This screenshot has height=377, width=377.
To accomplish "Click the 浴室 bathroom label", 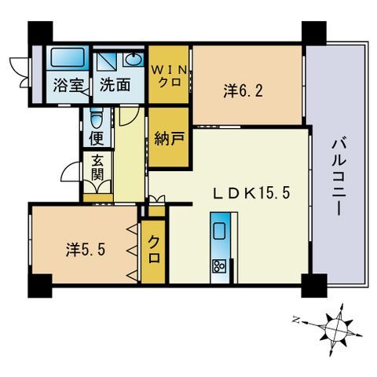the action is [x=68, y=85].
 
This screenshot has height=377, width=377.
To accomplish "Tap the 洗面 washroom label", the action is [x=115, y=85].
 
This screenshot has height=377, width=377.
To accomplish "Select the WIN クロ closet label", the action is [x=170, y=76].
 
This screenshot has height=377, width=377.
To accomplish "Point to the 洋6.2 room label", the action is [x=243, y=91].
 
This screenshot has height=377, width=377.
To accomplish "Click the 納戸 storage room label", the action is [x=170, y=138].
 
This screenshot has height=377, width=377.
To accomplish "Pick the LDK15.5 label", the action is [x=252, y=194].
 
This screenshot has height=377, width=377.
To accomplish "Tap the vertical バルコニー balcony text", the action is [x=339, y=178].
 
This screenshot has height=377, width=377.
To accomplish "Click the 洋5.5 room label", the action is [x=86, y=249].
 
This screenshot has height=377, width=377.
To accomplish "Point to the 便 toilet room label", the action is [x=97, y=138].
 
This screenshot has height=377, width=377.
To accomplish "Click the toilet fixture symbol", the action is [x=97, y=119].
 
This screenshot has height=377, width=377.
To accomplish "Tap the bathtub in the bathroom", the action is [x=68, y=57].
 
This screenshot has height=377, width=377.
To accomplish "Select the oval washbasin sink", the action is [x=133, y=60].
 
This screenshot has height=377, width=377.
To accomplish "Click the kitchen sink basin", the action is [x=220, y=230].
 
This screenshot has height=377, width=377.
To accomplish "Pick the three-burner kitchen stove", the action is [x=220, y=267].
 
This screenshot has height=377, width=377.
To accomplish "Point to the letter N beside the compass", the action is [x=296, y=320].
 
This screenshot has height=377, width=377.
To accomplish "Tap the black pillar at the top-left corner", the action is [x=40, y=31].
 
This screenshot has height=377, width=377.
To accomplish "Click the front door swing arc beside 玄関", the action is [x=70, y=171].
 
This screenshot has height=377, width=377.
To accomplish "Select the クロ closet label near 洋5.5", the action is [x=154, y=249].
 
